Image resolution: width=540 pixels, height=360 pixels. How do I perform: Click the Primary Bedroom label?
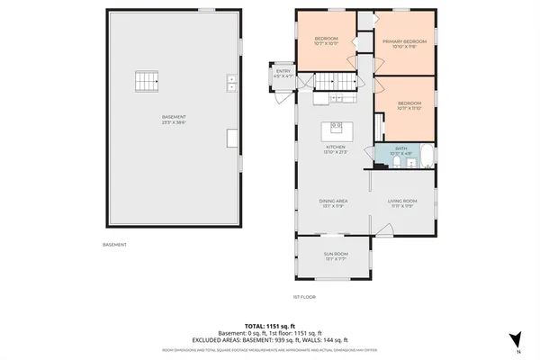tap(402, 41)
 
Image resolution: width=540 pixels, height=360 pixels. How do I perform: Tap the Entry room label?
tap(283, 71)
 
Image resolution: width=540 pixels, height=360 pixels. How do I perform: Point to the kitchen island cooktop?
tap(337, 126)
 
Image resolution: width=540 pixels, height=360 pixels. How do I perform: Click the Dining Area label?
tap(333, 201)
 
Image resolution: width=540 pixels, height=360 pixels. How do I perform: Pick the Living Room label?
tap(401, 201)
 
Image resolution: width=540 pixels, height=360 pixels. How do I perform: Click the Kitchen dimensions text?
tap(335, 152)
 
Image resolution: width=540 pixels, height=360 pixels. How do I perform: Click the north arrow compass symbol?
tap(514, 340)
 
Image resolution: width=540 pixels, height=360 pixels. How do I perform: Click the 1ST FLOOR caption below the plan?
tap(303, 296)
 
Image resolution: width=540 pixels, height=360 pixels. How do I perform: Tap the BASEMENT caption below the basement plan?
tap(114, 245)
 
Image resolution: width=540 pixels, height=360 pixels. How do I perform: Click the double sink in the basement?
tap(232, 82)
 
